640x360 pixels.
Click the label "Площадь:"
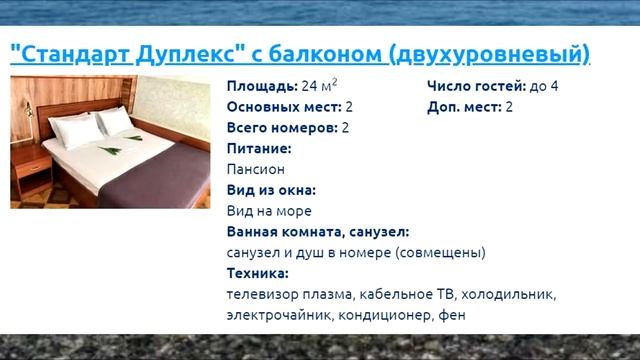pyautogui.click(x=262, y=86)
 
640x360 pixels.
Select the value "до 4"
pyautogui.click(x=543, y=86)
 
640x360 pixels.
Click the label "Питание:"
pyautogui.click(x=259, y=149)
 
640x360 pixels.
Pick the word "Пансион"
pyautogui.click(x=256, y=170)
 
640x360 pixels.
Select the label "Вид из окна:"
pyautogui.click(x=271, y=190)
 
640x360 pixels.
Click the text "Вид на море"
pyautogui.click(x=269, y=211)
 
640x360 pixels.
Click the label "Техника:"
pyautogui.click(x=257, y=273)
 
